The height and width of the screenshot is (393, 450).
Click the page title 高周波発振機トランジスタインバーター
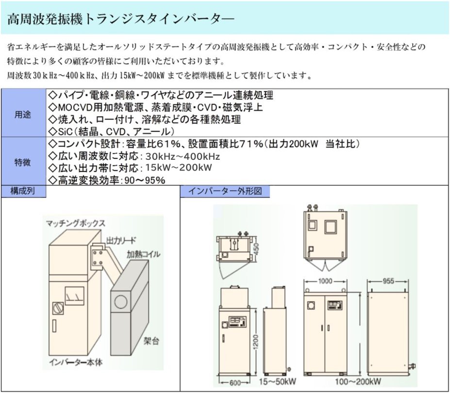click(x=120, y=19)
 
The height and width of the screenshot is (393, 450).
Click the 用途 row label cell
click(x=22, y=115)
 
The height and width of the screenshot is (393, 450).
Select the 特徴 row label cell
click(x=22, y=162)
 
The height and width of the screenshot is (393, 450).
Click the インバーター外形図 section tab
click(x=224, y=191)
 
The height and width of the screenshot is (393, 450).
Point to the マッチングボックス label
click(x=75, y=223)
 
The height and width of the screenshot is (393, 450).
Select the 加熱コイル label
click(x=143, y=254)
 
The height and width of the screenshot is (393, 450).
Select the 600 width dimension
click(x=235, y=383)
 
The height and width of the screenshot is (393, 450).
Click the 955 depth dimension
click(x=388, y=281)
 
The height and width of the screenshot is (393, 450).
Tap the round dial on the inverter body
click(x=56, y=308)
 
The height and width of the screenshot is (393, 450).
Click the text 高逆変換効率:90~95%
click(x=108, y=180)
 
